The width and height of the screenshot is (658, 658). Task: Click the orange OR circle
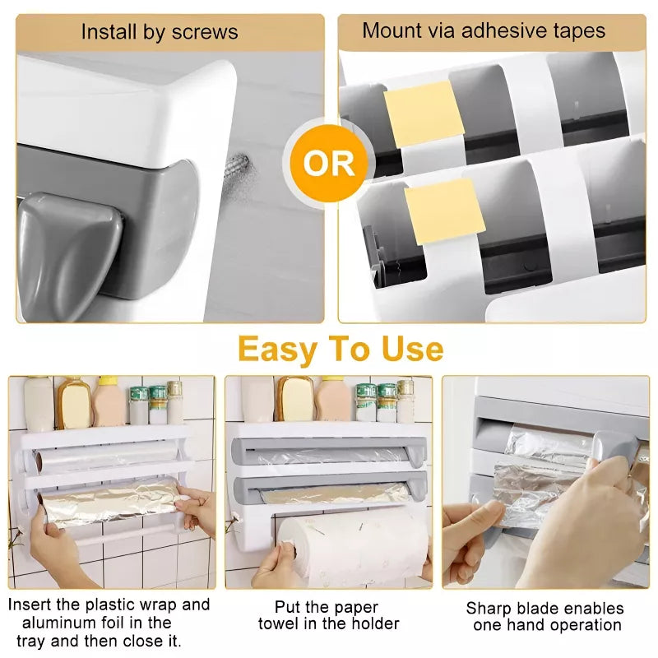(329, 163)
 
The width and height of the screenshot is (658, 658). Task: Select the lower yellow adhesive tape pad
(444, 212)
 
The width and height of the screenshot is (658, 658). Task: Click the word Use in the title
(412, 349)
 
